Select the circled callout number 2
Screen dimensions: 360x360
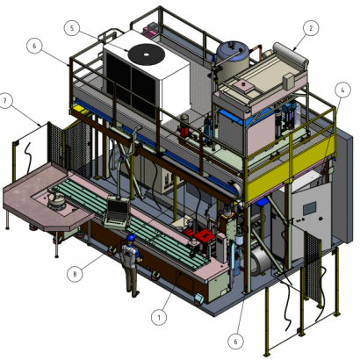308,27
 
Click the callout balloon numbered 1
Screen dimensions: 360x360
158,315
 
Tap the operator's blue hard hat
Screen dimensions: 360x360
131,237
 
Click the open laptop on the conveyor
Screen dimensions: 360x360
115,211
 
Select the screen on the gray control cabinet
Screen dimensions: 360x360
309,206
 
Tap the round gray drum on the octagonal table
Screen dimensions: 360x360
60,199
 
